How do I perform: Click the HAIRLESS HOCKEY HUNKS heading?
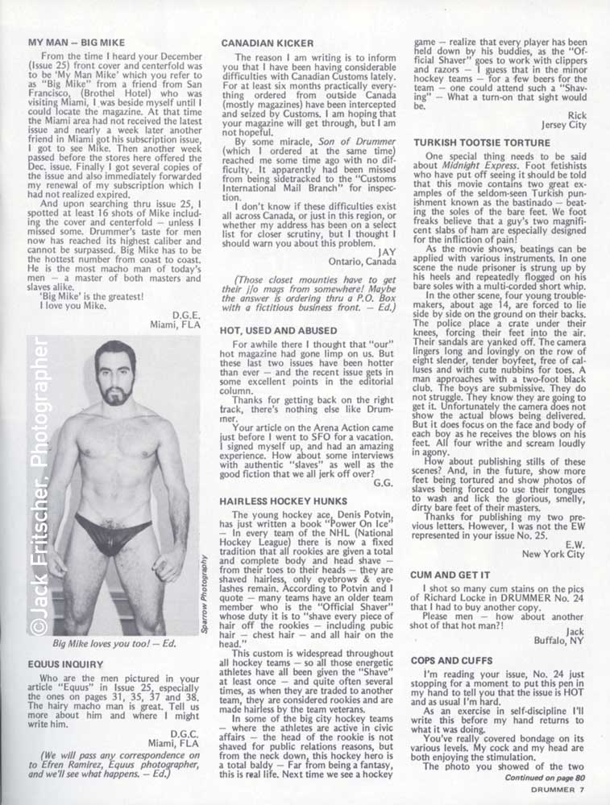point(277,501)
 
